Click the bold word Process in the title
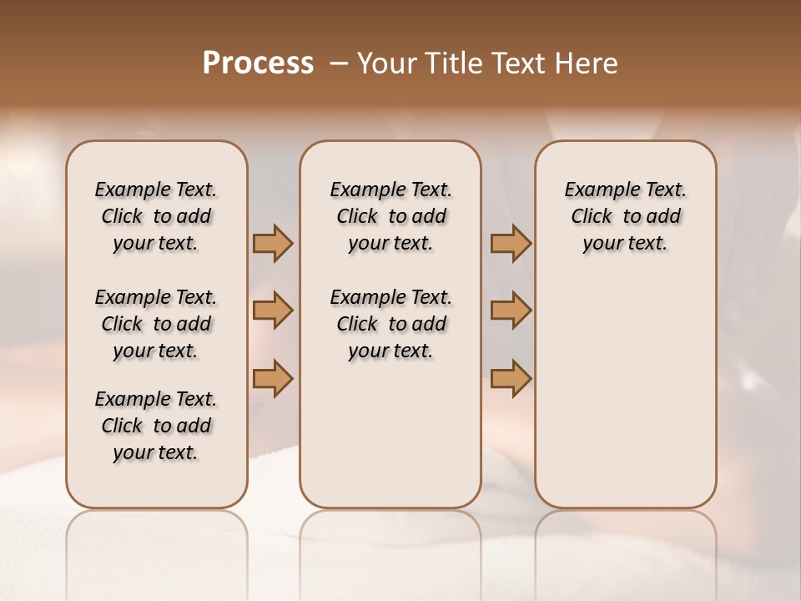tap(258, 63)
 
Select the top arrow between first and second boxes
tap(273, 243)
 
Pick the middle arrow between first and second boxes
tap(273, 311)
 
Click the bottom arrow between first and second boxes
tap(273, 377)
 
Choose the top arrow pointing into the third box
tap(511, 243)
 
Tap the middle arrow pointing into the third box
tap(511, 311)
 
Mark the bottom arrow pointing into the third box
tap(511, 377)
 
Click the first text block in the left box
tap(156, 216)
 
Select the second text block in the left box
tap(156, 324)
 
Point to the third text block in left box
tap(156, 426)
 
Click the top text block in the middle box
tap(390, 216)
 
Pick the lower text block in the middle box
tap(390, 324)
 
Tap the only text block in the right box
tap(625, 216)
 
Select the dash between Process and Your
tap(339, 63)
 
